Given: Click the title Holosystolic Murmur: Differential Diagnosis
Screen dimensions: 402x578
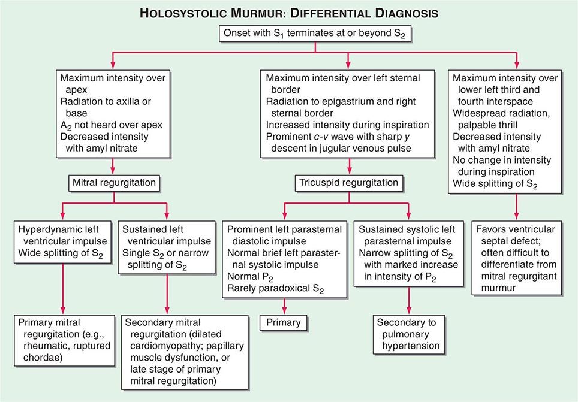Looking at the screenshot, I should point(288,13).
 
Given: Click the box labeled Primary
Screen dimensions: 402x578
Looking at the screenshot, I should point(284,323).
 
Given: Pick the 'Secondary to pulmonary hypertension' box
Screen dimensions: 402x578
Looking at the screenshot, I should point(408,334).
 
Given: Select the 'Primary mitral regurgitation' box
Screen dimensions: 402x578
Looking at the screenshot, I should point(63,339).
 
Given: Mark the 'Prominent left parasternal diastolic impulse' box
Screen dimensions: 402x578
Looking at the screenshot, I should point(284,256).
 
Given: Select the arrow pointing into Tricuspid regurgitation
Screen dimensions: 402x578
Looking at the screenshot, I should point(348,168).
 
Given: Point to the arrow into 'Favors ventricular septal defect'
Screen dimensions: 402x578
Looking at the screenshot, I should point(517,213).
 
